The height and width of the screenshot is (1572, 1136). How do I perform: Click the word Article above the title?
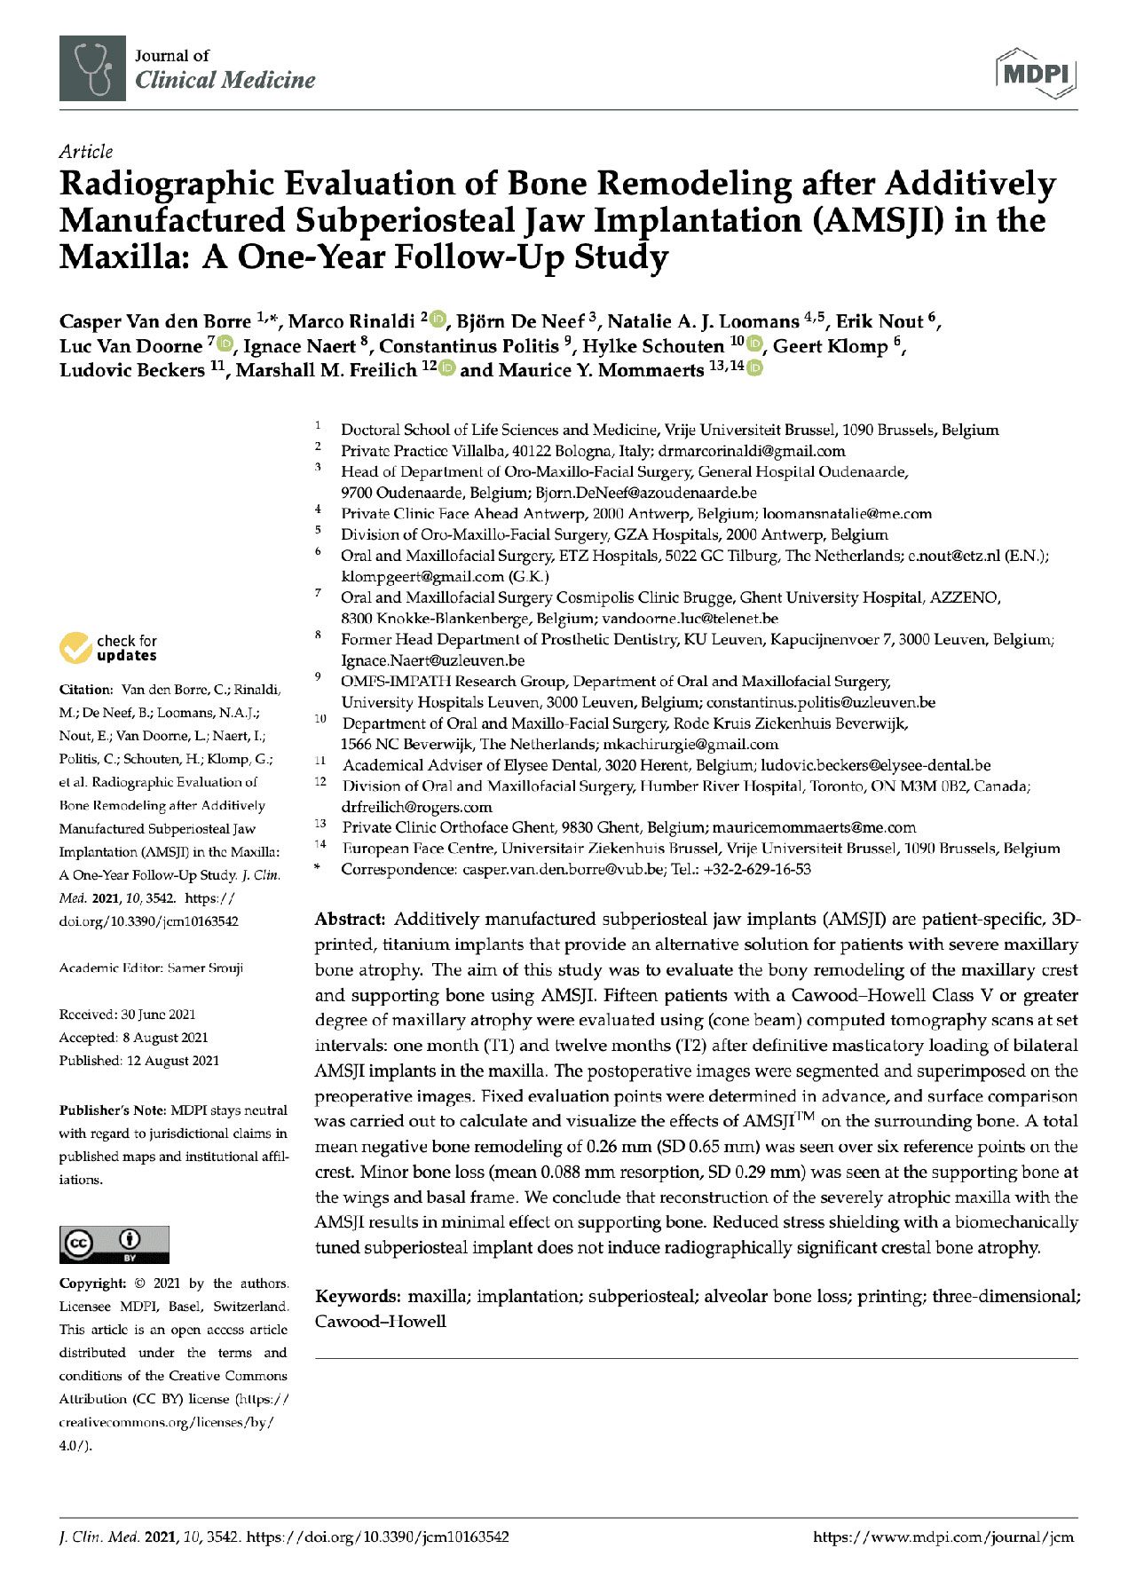(86, 151)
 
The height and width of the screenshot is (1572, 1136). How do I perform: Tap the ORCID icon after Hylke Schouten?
(755, 344)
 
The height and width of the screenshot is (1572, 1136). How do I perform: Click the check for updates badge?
(108, 648)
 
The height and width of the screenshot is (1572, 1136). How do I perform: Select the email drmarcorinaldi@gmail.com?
(752, 451)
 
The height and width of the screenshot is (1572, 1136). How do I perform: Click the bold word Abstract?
(351, 919)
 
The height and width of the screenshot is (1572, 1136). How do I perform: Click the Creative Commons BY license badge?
(114, 1244)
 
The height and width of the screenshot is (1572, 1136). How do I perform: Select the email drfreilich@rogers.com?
(417, 807)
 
